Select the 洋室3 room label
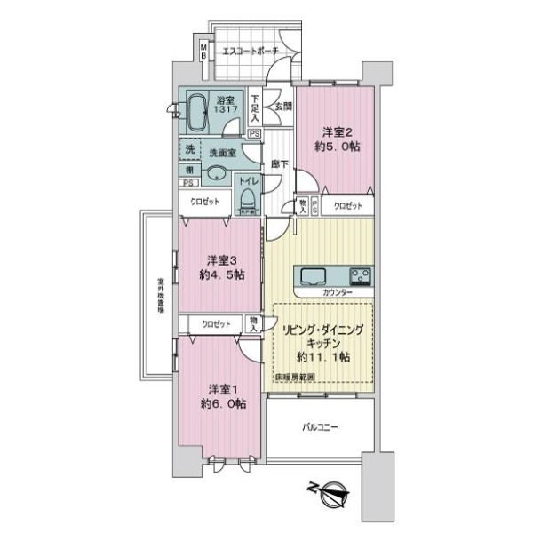[221, 260]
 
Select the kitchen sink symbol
[317, 274]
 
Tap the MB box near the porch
[203, 52]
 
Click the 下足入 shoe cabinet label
[255, 107]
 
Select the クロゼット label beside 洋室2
[347, 206]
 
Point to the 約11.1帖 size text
[322, 356]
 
